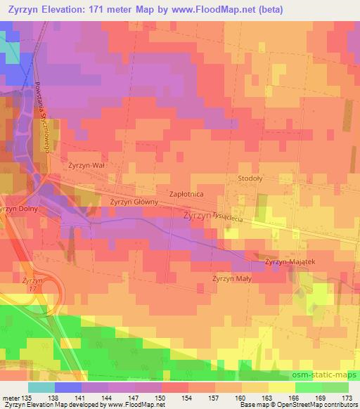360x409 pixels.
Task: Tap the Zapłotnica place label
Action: click(186, 191)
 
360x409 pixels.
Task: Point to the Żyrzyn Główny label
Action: click(132, 202)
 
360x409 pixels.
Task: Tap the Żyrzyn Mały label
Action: click(232, 278)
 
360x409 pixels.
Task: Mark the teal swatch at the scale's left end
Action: click(41, 387)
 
